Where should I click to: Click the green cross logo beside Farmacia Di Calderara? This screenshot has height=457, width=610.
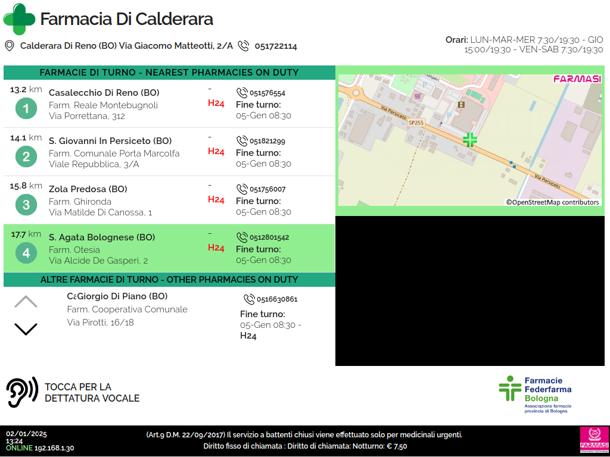19,19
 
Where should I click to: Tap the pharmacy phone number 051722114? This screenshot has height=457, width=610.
276,46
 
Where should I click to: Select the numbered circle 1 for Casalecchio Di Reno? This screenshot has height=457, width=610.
26,108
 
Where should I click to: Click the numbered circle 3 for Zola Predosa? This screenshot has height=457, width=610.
26,205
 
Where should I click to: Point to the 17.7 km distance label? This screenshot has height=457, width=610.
26,234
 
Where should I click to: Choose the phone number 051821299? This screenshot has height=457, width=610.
267,141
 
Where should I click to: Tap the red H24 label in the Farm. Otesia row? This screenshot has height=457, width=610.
216,248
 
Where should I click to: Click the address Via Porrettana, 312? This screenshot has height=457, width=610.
87,116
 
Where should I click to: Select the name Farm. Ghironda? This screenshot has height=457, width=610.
80,202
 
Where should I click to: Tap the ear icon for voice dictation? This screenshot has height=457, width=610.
22,392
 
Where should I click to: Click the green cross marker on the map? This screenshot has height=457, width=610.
470,139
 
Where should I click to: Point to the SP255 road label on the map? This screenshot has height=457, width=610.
416,123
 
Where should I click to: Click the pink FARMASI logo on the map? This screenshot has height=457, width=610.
577,79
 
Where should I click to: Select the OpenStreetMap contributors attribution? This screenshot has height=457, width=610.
552,202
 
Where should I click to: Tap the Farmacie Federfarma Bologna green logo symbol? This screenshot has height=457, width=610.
510,388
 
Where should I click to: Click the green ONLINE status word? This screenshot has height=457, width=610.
20,448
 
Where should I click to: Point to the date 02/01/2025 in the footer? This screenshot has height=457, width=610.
26,434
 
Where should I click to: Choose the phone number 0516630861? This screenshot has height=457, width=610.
277,299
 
